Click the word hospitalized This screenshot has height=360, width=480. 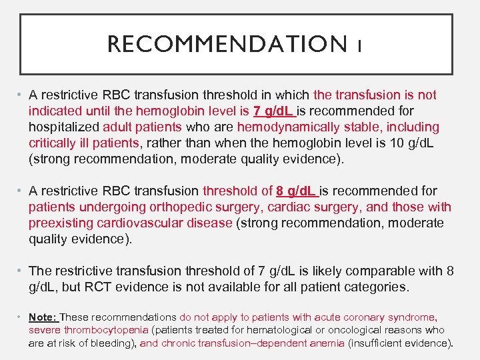(x=64, y=127)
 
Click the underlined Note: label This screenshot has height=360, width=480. (x=43, y=318)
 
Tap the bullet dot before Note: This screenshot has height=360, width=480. (x=22, y=318)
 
